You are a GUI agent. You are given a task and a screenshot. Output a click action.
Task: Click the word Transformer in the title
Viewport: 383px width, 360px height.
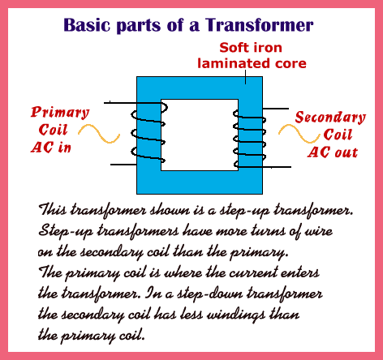[x=259, y=25]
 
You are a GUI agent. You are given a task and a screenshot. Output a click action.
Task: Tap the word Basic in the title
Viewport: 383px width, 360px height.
[x=87, y=25]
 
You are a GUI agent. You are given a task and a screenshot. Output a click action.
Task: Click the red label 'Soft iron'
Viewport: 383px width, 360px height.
[x=251, y=48]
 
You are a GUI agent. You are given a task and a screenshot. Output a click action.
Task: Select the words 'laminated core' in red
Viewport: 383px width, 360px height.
[x=252, y=63]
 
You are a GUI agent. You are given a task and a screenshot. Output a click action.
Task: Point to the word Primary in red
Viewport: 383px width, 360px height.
[x=60, y=113]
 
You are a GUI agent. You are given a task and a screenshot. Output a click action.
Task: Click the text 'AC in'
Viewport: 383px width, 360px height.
[x=51, y=148]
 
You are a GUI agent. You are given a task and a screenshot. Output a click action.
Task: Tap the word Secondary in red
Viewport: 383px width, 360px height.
[x=330, y=118]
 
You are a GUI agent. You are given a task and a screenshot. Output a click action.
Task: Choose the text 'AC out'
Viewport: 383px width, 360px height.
[x=333, y=152]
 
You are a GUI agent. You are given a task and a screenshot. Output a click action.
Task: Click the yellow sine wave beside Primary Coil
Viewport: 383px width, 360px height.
[x=99, y=134]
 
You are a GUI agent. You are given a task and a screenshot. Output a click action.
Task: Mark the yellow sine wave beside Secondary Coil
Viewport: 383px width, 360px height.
[x=299, y=134]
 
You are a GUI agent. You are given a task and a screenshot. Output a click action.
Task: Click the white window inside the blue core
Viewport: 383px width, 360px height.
[x=200, y=135]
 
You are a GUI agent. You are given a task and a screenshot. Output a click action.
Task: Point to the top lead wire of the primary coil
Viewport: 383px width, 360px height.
[x=120, y=103]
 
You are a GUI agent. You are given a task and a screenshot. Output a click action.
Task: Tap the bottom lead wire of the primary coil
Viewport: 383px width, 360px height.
[x=123, y=165]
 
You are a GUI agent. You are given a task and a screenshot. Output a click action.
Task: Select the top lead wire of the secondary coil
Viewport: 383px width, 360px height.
[x=276, y=109]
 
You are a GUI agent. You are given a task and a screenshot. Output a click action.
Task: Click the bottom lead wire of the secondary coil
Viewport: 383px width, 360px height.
[x=277, y=167]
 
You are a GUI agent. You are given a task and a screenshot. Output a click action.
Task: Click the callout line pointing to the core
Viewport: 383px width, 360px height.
[x=245, y=77]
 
